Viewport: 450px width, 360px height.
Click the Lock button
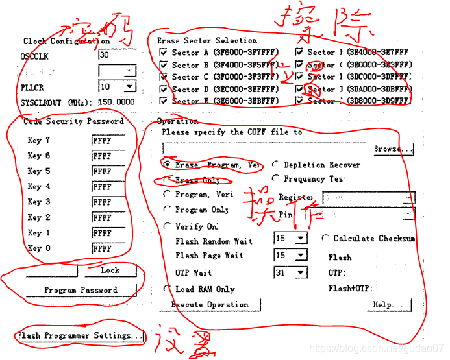[110, 270]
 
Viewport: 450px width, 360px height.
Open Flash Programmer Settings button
[80, 336]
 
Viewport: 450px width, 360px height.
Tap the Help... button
[392, 305]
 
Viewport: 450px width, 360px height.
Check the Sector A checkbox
[163, 53]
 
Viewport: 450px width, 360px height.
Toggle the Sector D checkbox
[163, 89]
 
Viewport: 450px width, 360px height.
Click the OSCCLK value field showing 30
[117, 56]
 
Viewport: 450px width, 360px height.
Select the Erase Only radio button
[168, 180]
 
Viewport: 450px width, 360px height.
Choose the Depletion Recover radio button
[276, 165]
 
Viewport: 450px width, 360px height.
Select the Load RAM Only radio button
[167, 289]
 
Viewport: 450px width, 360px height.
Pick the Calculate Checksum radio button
[326, 238]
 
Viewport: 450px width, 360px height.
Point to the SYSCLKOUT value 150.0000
[117, 102]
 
